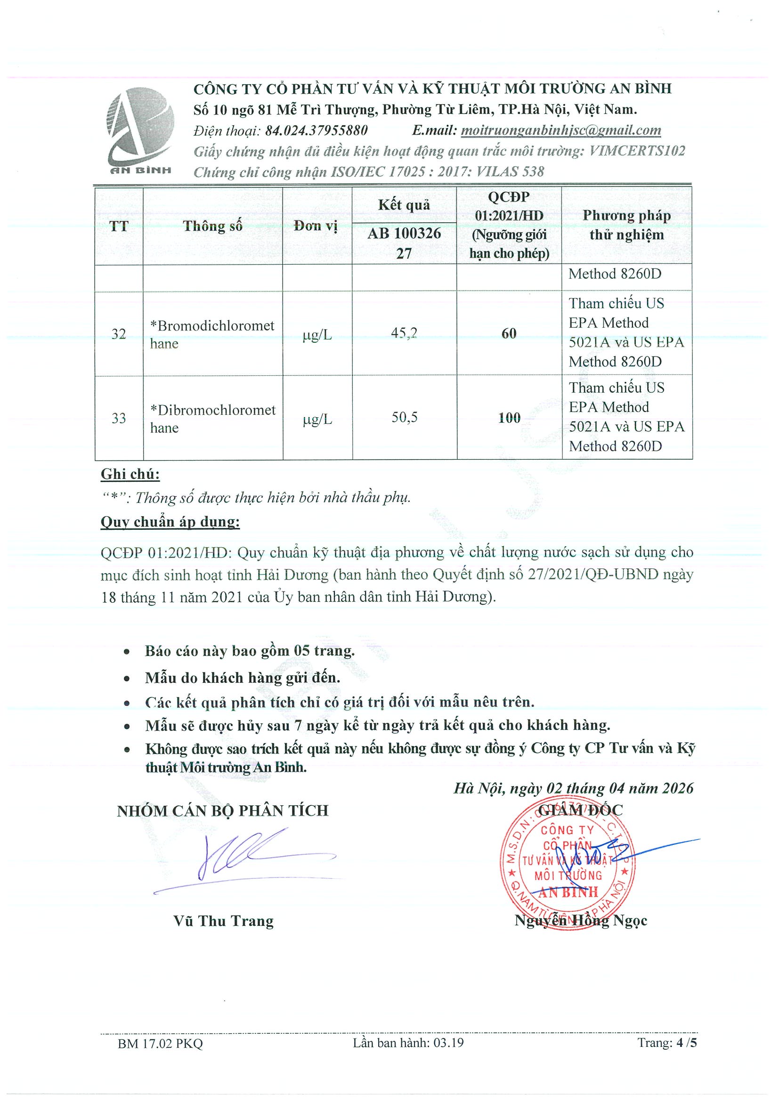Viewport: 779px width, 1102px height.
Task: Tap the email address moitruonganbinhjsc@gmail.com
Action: (x=560, y=130)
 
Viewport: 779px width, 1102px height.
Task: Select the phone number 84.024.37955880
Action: (x=316, y=130)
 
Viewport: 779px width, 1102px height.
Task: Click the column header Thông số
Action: (x=212, y=226)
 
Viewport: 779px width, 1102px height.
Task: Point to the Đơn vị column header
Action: (x=316, y=226)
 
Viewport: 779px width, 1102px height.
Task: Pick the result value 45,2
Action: (x=404, y=332)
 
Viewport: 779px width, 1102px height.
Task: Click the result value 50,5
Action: (x=404, y=417)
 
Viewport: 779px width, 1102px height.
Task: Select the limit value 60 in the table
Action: (x=509, y=333)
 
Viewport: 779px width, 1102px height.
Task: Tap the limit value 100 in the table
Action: (x=509, y=418)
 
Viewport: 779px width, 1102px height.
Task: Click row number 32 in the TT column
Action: (x=119, y=333)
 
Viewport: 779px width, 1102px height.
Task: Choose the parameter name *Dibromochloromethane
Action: (x=212, y=419)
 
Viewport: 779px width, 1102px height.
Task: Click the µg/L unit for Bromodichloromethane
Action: (x=317, y=334)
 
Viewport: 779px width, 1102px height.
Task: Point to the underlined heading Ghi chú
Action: (x=130, y=474)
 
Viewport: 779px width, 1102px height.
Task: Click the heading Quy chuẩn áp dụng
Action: (x=170, y=522)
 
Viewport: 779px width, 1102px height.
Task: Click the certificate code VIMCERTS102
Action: (x=637, y=151)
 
